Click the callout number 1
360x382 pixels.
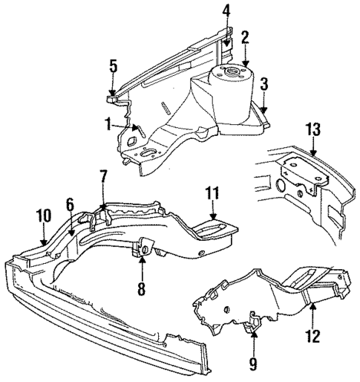click(109, 123)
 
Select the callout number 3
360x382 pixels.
click(264, 84)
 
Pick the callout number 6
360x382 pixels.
click(70, 204)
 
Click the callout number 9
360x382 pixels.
click(253, 363)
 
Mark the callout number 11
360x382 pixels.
click(213, 194)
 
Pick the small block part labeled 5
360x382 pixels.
click(113, 95)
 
